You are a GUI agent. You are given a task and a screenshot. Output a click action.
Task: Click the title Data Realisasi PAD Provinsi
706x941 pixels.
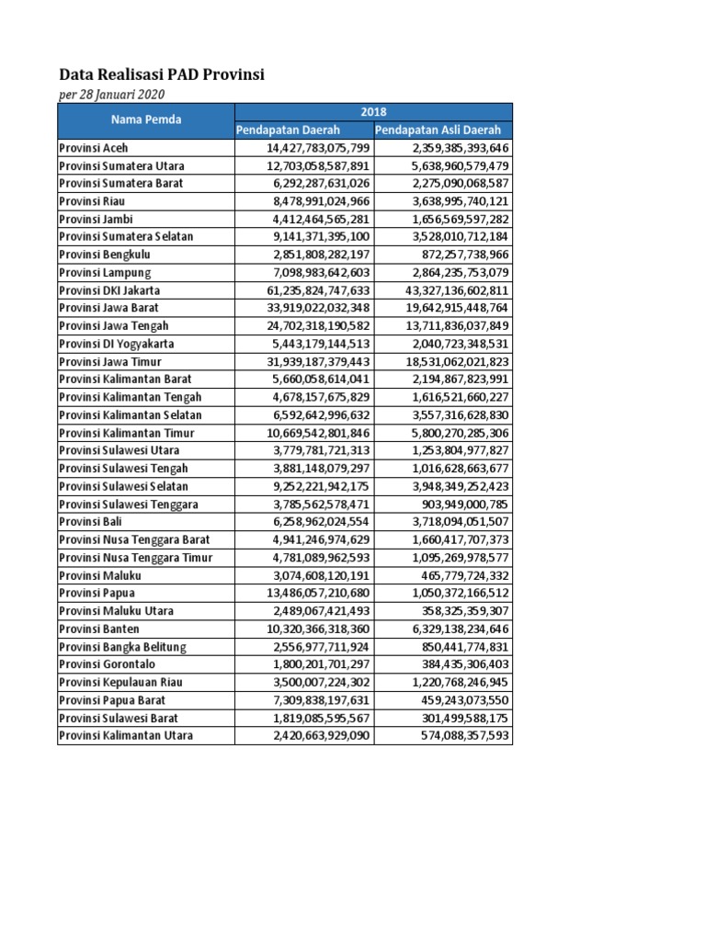pos(162,75)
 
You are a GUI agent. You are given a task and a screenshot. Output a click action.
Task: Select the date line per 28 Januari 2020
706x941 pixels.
pos(113,95)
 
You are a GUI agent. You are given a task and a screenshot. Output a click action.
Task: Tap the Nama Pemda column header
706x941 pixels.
pos(146,119)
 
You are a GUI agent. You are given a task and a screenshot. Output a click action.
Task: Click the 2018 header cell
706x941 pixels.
pos(373,111)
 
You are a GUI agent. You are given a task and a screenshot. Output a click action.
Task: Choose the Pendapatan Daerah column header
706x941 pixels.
pos(289,130)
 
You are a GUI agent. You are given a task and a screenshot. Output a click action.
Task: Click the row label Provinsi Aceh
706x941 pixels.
pos(94,148)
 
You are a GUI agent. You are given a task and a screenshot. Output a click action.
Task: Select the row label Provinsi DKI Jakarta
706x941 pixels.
pos(109,290)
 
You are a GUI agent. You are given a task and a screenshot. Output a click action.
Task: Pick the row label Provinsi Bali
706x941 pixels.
pos(92,522)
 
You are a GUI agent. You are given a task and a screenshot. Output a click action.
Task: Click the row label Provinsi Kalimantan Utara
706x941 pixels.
pos(120,735)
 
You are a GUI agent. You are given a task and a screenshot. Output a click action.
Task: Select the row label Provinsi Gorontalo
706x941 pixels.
pos(107,664)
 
